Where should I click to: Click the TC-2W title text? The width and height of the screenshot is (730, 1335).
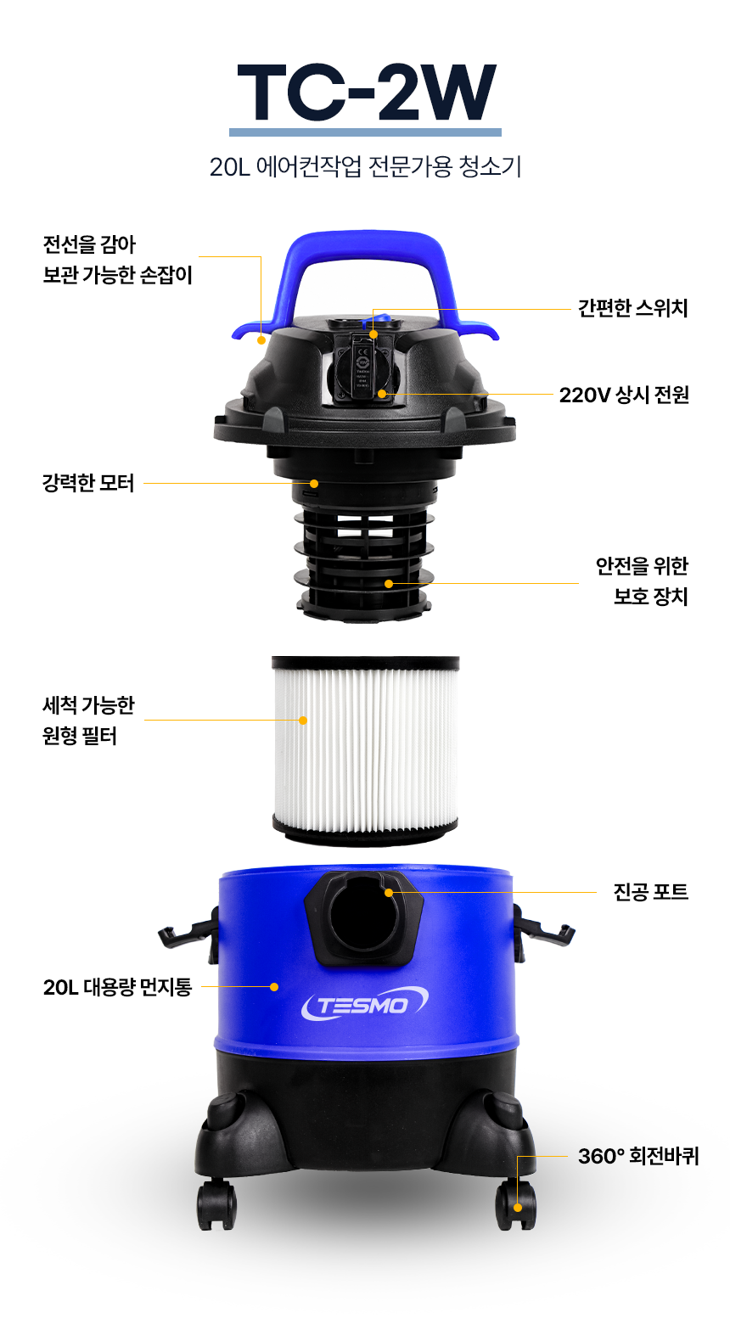(366, 92)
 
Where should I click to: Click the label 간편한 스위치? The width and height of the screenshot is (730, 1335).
(633, 308)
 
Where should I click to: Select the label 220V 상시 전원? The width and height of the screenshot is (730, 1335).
(624, 395)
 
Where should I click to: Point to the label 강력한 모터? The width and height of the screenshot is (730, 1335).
(88, 483)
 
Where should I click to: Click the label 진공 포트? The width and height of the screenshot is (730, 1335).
(651, 892)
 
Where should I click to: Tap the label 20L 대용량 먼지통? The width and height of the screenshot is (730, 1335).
(117, 987)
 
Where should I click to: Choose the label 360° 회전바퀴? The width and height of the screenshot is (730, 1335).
(638, 1156)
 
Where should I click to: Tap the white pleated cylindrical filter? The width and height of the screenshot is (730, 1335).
(365, 750)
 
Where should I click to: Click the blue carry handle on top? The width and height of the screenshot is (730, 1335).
(365, 280)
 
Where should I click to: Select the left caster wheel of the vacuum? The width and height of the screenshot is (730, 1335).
(217, 1204)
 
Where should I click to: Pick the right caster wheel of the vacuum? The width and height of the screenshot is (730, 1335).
(515, 1204)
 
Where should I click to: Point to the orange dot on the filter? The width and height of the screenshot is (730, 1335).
(303, 720)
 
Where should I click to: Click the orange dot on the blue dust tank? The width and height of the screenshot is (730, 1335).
(274, 987)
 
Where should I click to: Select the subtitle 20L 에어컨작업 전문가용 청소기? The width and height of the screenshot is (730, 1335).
(365, 166)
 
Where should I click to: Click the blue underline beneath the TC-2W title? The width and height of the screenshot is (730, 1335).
(365, 132)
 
